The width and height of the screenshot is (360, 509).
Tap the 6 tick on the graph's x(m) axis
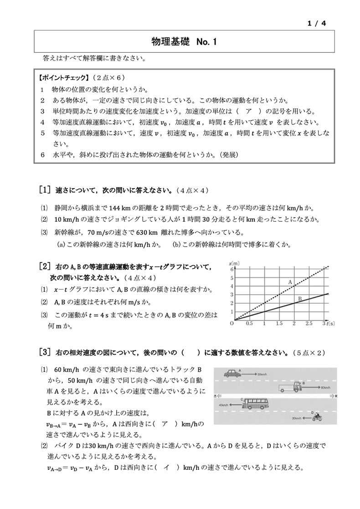(x=232, y=270)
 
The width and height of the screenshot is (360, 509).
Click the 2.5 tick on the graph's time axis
(x=309, y=324)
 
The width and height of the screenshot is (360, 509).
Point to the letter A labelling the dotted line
(x=290, y=282)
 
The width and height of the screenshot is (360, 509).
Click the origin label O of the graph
(x=231, y=323)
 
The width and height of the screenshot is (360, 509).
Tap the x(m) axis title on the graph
(x=235, y=264)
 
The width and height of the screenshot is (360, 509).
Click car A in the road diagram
(x=233, y=373)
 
